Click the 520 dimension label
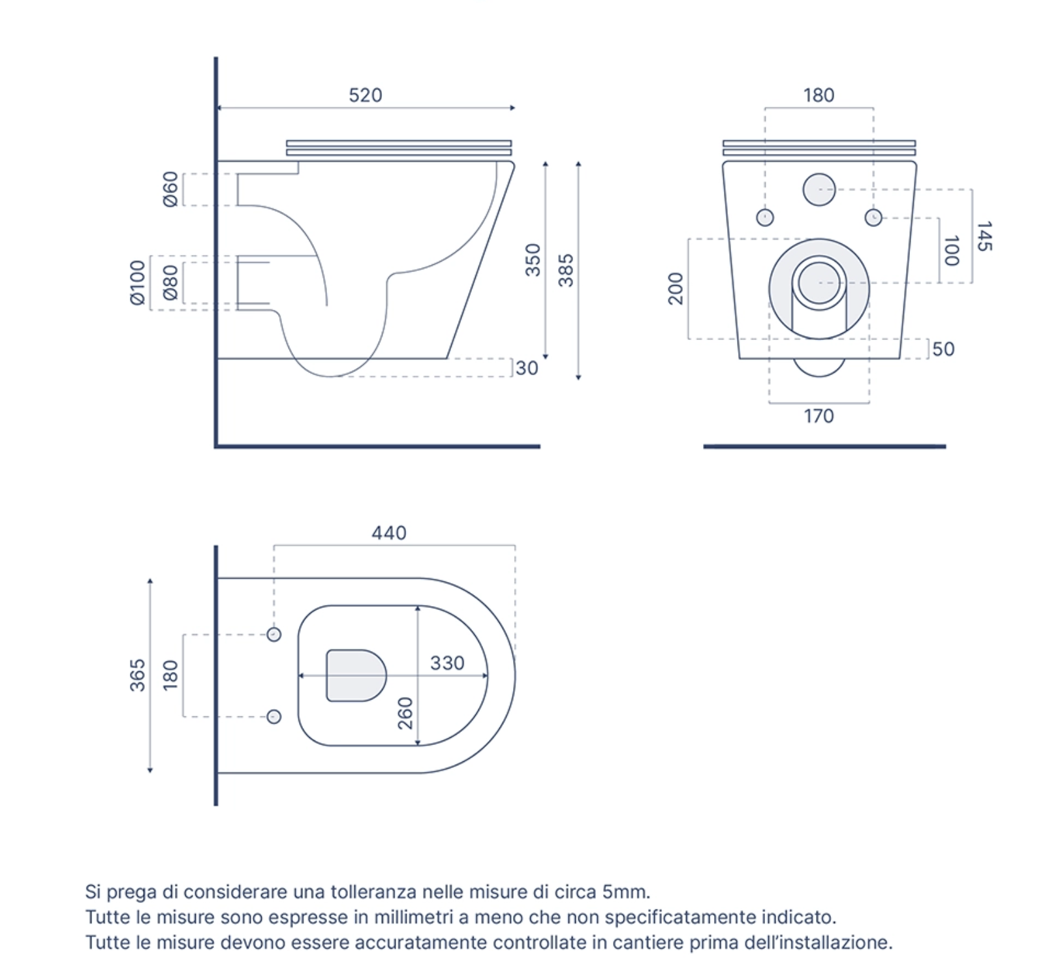tap(365, 95)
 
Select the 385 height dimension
tap(566, 270)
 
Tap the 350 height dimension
tap(533, 260)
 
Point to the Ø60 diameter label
tap(170, 189)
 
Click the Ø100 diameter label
tap(137, 282)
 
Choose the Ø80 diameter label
tap(170, 282)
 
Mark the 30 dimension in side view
tap(527, 368)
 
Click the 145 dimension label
tap(984, 236)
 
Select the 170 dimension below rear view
tap(819, 416)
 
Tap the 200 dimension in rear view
tap(676, 288)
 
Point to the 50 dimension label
tap(943, 349)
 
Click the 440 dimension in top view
tap(389, 533)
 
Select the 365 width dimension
tap(137, 675)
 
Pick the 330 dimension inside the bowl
tap(447, 663)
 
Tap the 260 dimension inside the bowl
tap(405, 713)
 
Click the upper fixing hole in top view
tap(274, 634)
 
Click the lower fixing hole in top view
tap(274, 716)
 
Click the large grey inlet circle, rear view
tap(819, 190)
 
